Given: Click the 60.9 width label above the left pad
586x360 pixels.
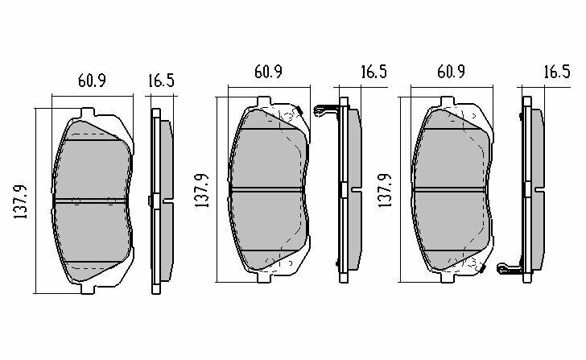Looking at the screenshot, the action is [x=92, y=81].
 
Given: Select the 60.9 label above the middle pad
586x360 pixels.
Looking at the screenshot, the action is [x=268, y=72].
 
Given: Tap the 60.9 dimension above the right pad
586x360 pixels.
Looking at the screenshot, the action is [x=451, y=72].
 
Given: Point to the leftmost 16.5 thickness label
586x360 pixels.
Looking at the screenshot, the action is [x=161, y=81].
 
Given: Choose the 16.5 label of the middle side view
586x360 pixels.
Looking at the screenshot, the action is [x=373, y=72].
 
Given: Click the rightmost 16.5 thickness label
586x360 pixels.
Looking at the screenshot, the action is [x=557, y=72].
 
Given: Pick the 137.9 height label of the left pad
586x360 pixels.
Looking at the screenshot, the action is [x=21, y=201].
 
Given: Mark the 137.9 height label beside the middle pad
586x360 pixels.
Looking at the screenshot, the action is [x=202, y=191].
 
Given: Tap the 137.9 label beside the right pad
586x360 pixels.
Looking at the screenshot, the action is [x=385, y=191].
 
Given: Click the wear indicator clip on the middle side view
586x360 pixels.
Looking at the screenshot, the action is [x=326, y=110].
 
